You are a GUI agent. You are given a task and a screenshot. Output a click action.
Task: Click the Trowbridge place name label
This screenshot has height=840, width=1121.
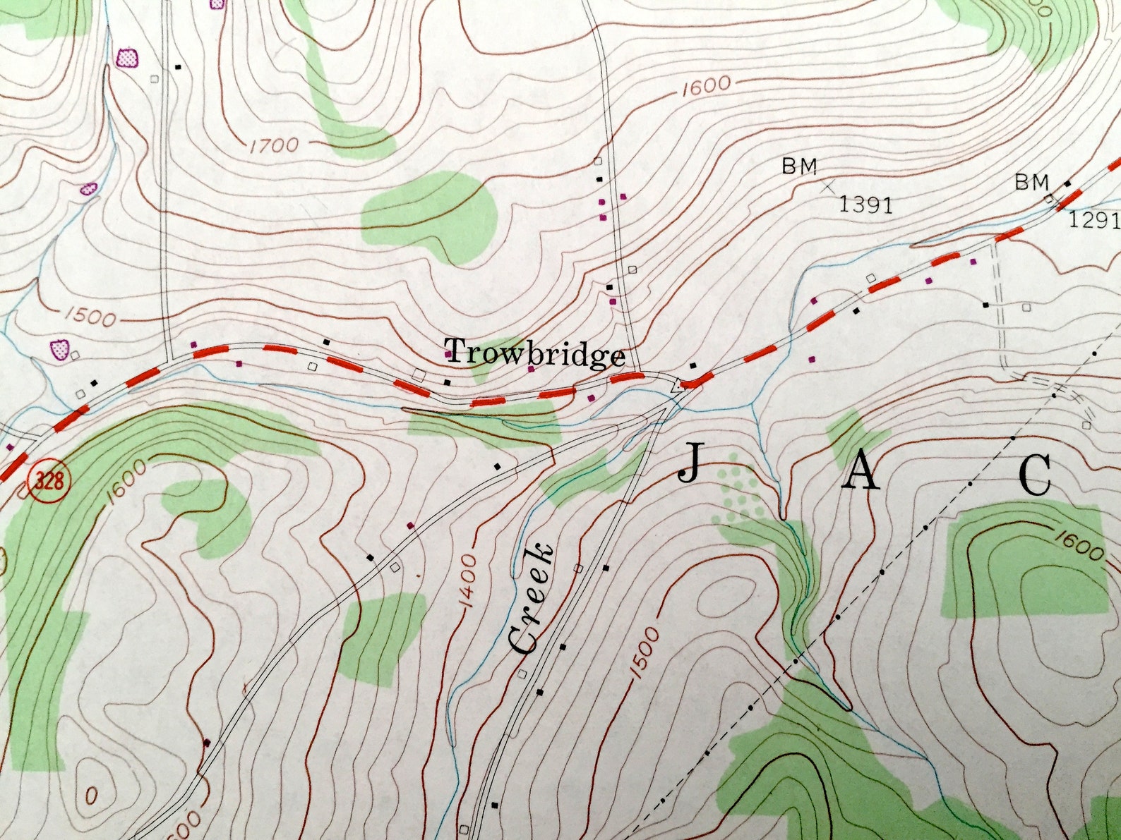[x=535, y=353]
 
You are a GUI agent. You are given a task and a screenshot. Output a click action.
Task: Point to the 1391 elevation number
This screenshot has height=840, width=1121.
[x=865, y=205]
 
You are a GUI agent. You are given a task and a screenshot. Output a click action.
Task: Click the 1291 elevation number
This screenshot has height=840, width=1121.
[x=1093, y=221]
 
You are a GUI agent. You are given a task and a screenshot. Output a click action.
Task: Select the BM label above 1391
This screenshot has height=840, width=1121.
[x=799, y=166]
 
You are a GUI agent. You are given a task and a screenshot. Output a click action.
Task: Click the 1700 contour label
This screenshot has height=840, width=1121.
[x=273, y=146]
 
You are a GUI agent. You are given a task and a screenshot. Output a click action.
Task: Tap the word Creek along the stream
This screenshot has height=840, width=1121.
[x=530, y=599]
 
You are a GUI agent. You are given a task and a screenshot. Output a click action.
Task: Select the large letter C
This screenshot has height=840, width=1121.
[x=1036, y=476]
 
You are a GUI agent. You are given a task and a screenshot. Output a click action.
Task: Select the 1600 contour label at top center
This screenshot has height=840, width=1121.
[x=706, y=86]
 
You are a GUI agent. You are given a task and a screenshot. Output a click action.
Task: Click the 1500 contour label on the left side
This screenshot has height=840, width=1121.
[x=92, y=317]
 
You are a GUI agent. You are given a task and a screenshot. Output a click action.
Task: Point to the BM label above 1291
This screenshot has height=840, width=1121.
[x=1032, y=183]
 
